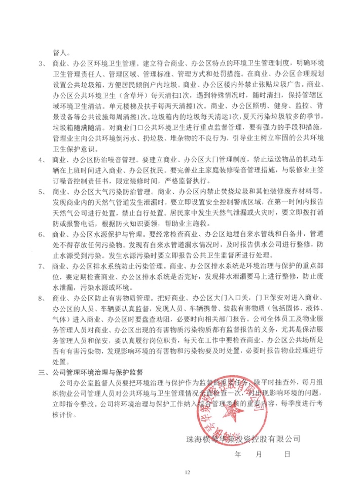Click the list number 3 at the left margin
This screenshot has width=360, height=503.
point(42,64)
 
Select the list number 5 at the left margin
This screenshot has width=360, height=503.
point(42,193)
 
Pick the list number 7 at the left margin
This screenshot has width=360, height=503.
point(42,266)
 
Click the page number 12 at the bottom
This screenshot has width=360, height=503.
point(187,473)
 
